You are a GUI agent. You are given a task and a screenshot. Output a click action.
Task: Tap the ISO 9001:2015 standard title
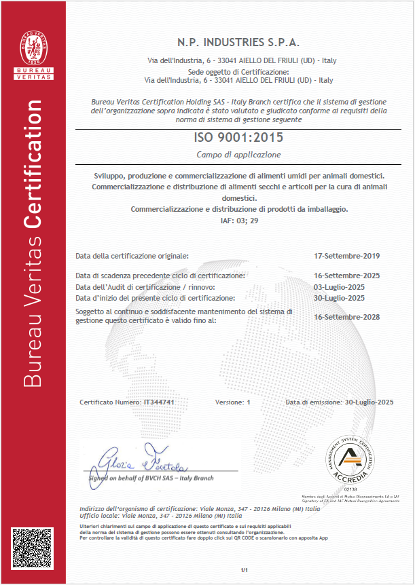pos(239,137)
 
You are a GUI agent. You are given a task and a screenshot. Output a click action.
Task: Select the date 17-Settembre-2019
pos(347,256)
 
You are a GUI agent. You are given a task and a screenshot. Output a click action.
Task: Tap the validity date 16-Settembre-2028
pos(347,316)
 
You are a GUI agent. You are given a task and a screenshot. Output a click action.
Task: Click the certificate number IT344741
pos(159,402)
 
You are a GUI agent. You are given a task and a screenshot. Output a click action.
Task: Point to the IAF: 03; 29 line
pos(239,221)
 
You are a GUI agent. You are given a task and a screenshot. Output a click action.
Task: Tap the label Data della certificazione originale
pos(132,256)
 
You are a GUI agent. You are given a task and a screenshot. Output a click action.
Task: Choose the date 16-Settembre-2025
pos(347,276)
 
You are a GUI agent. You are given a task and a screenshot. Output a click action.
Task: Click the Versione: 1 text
pos(233,402)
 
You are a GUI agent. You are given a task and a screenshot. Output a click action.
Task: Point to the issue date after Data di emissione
pos(369,402)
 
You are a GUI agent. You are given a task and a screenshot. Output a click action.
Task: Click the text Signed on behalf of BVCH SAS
pos(151,478)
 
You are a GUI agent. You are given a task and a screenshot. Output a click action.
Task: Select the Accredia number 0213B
pos(350,488)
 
